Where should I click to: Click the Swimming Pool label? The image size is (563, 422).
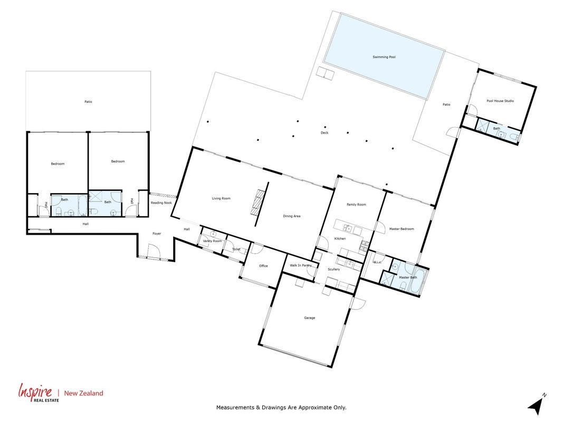(384, 57)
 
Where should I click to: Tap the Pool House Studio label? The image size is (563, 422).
(500, 101)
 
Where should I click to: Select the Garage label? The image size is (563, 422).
(310, 318)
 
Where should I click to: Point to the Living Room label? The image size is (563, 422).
(221, 198)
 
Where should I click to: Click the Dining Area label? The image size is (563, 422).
(292, 216)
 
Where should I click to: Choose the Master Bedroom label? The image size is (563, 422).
(402, 229)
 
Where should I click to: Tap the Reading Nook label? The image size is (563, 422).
(161, 203)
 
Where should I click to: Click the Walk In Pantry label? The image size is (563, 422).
(301, 265)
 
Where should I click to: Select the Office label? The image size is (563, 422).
(263, 266)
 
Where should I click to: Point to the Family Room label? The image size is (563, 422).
(356, 205)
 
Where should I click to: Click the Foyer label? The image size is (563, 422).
(157, 234)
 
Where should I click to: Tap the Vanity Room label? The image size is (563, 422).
(212, 241)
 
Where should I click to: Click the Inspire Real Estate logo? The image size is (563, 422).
(39, 392)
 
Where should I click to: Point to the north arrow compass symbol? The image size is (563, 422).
(537, 405)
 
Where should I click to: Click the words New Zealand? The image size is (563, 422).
(83, 394)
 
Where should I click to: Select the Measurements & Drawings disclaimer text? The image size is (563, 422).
(281, 408)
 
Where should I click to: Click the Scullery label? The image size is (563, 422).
(333, 270)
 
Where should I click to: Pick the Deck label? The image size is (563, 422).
(324, 133)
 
